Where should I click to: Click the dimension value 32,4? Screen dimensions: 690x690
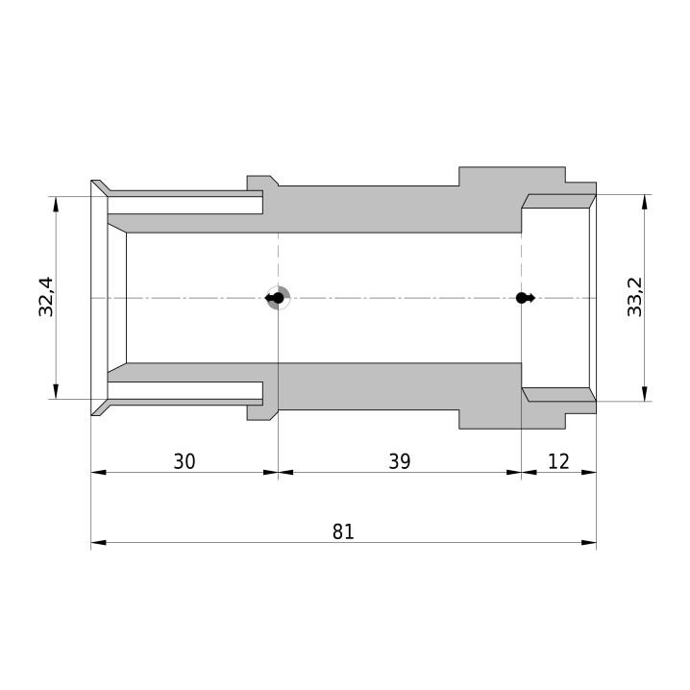click(46, 297)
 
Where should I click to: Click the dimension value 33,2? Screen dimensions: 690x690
click(634, 297)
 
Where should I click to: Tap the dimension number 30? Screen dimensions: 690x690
click(185, 461)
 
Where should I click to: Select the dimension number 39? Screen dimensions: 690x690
click(400, 461)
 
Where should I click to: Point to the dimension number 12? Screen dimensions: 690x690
click(559, 461)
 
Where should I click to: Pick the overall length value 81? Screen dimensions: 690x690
click(343, 531)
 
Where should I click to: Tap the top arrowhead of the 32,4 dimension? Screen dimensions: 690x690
click(56, 204)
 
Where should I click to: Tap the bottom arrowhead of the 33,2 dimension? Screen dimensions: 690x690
click(645, 393)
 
